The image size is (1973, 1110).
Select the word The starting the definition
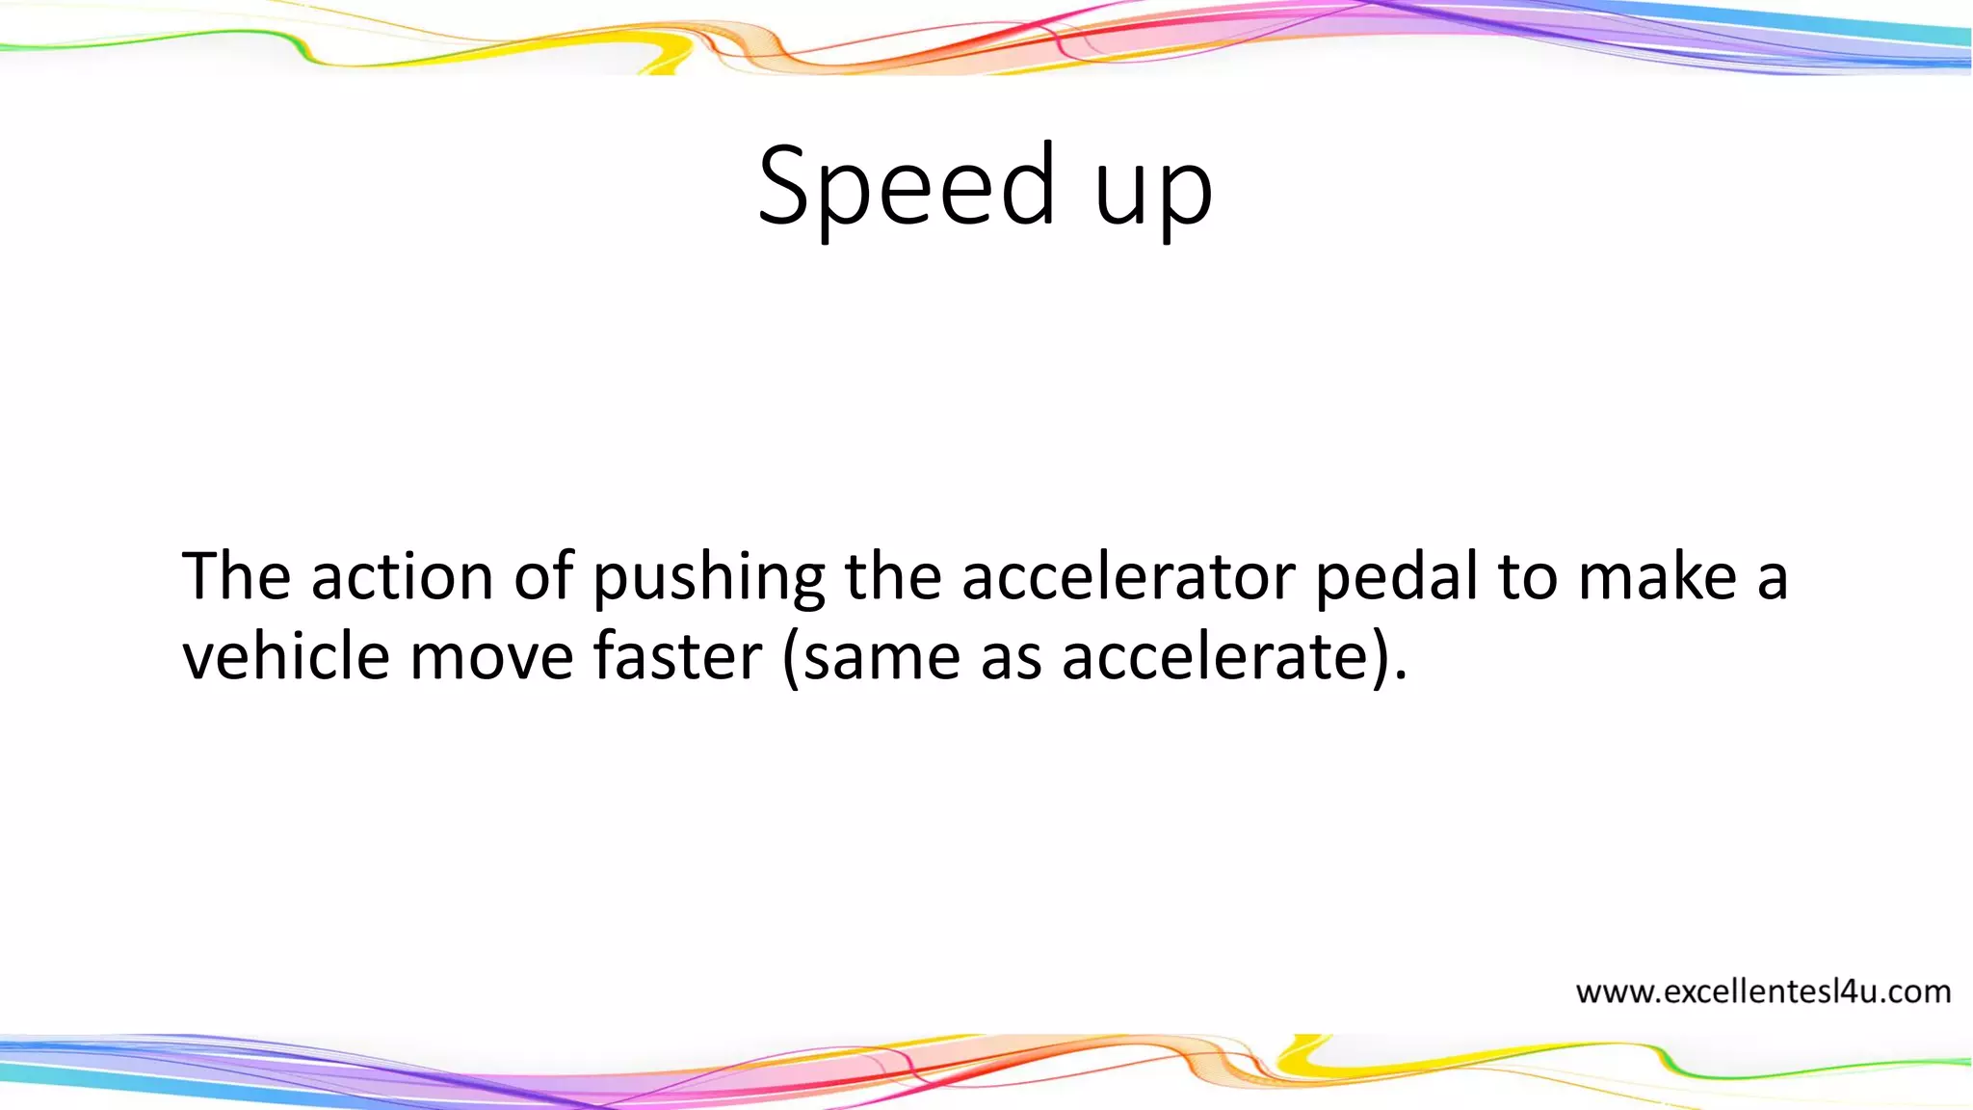click(x=236, y=576)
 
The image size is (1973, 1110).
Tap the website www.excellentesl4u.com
click(x=1763, y=991)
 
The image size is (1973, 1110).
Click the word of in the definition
click(x=543, y=576)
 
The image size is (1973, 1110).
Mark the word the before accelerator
click(x=892, y=576)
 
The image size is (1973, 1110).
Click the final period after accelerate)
click(x=1400, y=676)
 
